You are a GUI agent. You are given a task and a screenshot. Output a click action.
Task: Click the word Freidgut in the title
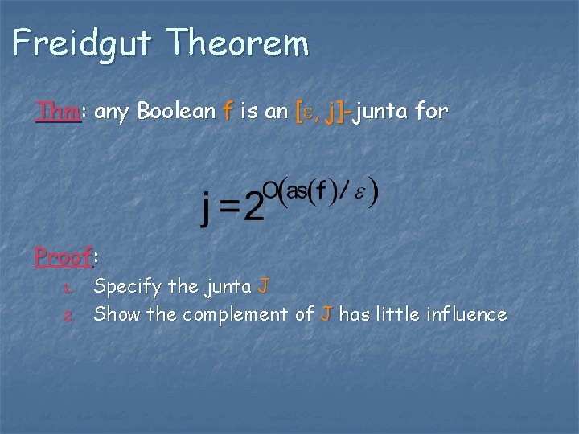[80, 42]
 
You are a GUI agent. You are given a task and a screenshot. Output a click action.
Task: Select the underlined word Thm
[58, 112]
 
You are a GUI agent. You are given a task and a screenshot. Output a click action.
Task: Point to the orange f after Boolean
[228, 112]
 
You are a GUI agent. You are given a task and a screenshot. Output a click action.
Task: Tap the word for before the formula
[432, 112]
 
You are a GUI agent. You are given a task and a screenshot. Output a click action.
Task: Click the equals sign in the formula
[230, 210]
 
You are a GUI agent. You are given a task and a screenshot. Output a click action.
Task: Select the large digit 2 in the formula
[253, 208]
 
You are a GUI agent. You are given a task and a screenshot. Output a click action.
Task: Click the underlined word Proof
[63, 257]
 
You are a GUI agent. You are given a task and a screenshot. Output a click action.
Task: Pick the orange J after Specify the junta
[265, 286]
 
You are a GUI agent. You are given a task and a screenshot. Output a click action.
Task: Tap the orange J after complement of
[325, 314]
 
